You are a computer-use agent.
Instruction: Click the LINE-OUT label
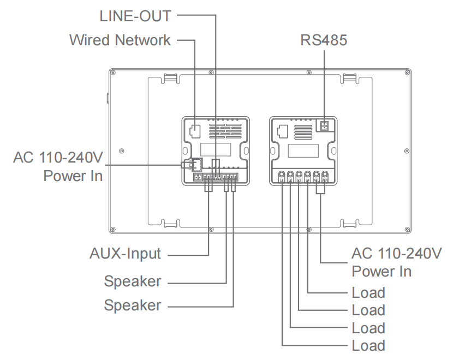(x=135, y=15)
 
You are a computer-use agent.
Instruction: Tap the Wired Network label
(x=120, y=40)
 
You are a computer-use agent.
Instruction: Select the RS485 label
(x=324, y=40)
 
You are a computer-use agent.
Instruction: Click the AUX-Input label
(x=126, y=254)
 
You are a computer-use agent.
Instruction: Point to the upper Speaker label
(x=133, y=282)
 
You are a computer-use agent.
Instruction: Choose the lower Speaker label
(x=133, y=305)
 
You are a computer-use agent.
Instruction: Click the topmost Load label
(x=368, y=293)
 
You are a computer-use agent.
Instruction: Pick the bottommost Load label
(x=368, y=346)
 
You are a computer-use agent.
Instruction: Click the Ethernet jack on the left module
(x=194, y=131)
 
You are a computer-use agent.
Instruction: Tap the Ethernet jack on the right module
(x=283, y=131)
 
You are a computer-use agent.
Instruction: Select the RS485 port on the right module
(x=325, y=126)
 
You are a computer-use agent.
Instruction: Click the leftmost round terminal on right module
(x=282, y=176)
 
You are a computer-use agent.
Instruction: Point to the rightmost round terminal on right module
(x=325, y=176)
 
